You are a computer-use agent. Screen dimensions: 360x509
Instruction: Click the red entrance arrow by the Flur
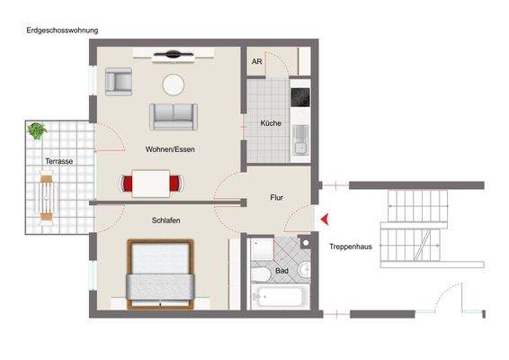click(x=325, y=219)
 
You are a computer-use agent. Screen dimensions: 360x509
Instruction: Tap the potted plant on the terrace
click(x=37, y=131)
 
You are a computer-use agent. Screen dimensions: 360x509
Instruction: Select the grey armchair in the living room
click(x=119, y=83)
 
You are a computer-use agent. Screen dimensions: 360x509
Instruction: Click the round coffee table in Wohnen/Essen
click(x=173, y=85)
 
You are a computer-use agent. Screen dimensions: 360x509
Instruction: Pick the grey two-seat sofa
click(x=173, y=116)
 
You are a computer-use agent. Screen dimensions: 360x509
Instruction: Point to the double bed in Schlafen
click(x=161, y=273)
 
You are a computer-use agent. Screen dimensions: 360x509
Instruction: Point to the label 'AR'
click(x=257, y=63)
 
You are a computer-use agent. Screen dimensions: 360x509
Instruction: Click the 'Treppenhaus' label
click(x=352, y=247)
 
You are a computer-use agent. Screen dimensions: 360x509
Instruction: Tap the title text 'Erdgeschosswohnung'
click(x=62, y=30)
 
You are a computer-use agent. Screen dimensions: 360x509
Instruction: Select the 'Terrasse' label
click(x=59, y=161)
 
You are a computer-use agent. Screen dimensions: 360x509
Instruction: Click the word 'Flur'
click(x=277, y=197)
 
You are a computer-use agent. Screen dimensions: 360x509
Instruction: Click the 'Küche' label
click(x=271, y=121)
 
